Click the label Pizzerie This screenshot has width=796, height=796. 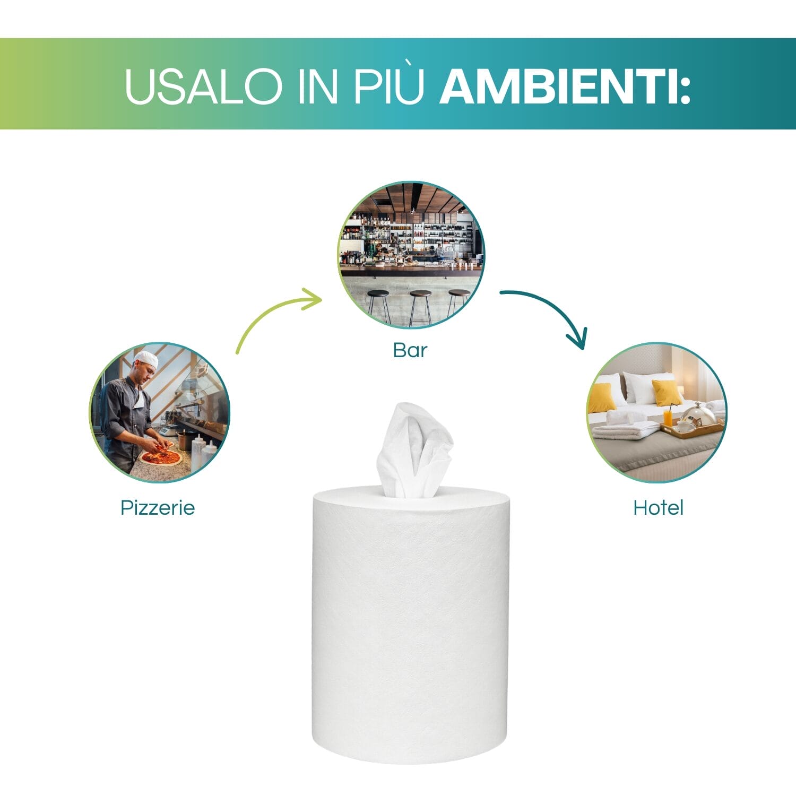pyautogui.click(x=158, y=508)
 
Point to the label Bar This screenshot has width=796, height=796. pyautogui.click(x=410, y=350)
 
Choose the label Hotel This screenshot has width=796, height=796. pyautogui.click(x=658, y=508)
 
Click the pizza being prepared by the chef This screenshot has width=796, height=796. pyautogui.click(x=161, y=457)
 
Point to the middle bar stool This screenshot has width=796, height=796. pyautogui.click(x=420, y=305)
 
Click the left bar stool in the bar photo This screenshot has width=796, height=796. pyautogui.click(x=378, y=304)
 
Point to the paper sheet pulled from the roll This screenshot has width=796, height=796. pyautogui.click(x=414, y=451)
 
